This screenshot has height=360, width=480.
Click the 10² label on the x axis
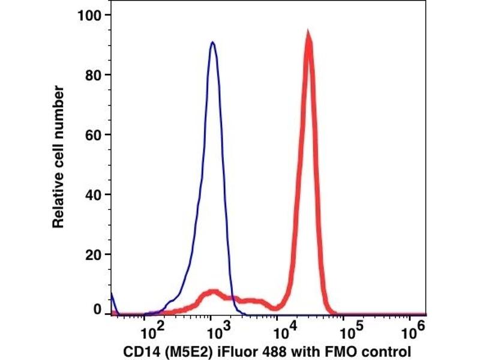pyautogui.click(x=147, y=331)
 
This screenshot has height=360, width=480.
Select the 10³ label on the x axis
pyautogui.click(x=214, y=331)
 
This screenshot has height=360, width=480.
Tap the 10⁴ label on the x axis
pyautogui.click(x=281, y=331)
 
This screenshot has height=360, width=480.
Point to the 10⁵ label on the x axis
pyautogui.click(x=348, y=331)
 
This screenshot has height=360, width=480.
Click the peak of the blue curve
pyautogui.click(x=212, y=43)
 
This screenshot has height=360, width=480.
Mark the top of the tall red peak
pyautogui.click(x=308, y=33)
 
